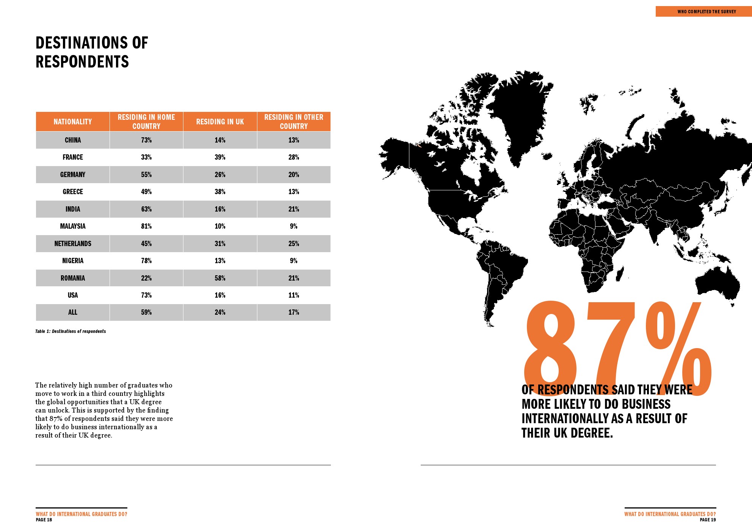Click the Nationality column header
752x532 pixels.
click(x=73, y=122)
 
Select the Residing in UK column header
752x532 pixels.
click(x=220, y=122)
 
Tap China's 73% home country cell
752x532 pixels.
click(x=146, y=140)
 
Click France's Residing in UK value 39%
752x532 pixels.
click(x=220, y=157)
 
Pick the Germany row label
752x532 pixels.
click(x=73, y=175)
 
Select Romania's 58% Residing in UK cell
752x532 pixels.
click(x=220, y=278)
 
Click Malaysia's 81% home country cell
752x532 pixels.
click(x=146, y=226)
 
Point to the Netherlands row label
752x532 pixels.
click(x=73, y=244)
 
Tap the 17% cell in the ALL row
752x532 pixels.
click(x=294, y=312)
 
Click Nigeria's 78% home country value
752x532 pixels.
click(x=146, y=261)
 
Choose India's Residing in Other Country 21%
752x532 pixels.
click(x=294, y=209)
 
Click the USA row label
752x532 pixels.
click(x=73, y=295)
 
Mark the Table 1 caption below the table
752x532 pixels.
click(x=70, y=331)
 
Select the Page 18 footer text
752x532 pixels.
click(x=44, y=520)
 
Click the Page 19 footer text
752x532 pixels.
click(x=708, y=520)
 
